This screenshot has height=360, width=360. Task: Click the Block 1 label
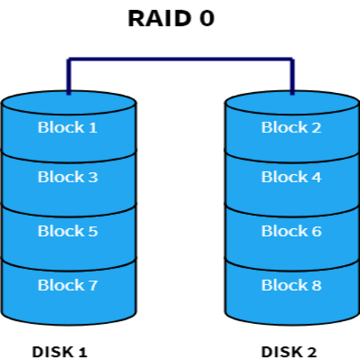(68, 127)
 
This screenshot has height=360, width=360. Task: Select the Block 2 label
(291, 127)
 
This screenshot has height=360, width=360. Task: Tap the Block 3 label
(68, 177)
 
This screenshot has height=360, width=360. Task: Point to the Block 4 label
(292, 177)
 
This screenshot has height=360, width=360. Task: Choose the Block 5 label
(68, 231)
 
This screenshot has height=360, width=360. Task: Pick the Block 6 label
(292, 231)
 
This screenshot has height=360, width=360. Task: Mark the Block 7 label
(68, 285)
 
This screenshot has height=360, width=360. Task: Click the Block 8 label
(292, 285)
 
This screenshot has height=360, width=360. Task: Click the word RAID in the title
(160, 19)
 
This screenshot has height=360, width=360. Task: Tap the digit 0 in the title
(207, 19)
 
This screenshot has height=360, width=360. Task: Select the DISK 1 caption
(60, 352)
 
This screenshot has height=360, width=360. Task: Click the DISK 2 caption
(289, 352)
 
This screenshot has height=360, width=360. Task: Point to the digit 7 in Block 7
(93, 285)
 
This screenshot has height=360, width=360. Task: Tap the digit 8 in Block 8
(317, 285)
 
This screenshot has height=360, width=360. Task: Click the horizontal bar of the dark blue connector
(181, 59)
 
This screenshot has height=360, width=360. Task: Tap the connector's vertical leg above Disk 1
(68, 76)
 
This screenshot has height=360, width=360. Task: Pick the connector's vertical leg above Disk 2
(292, 76)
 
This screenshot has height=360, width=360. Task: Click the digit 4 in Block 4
(317, 177)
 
